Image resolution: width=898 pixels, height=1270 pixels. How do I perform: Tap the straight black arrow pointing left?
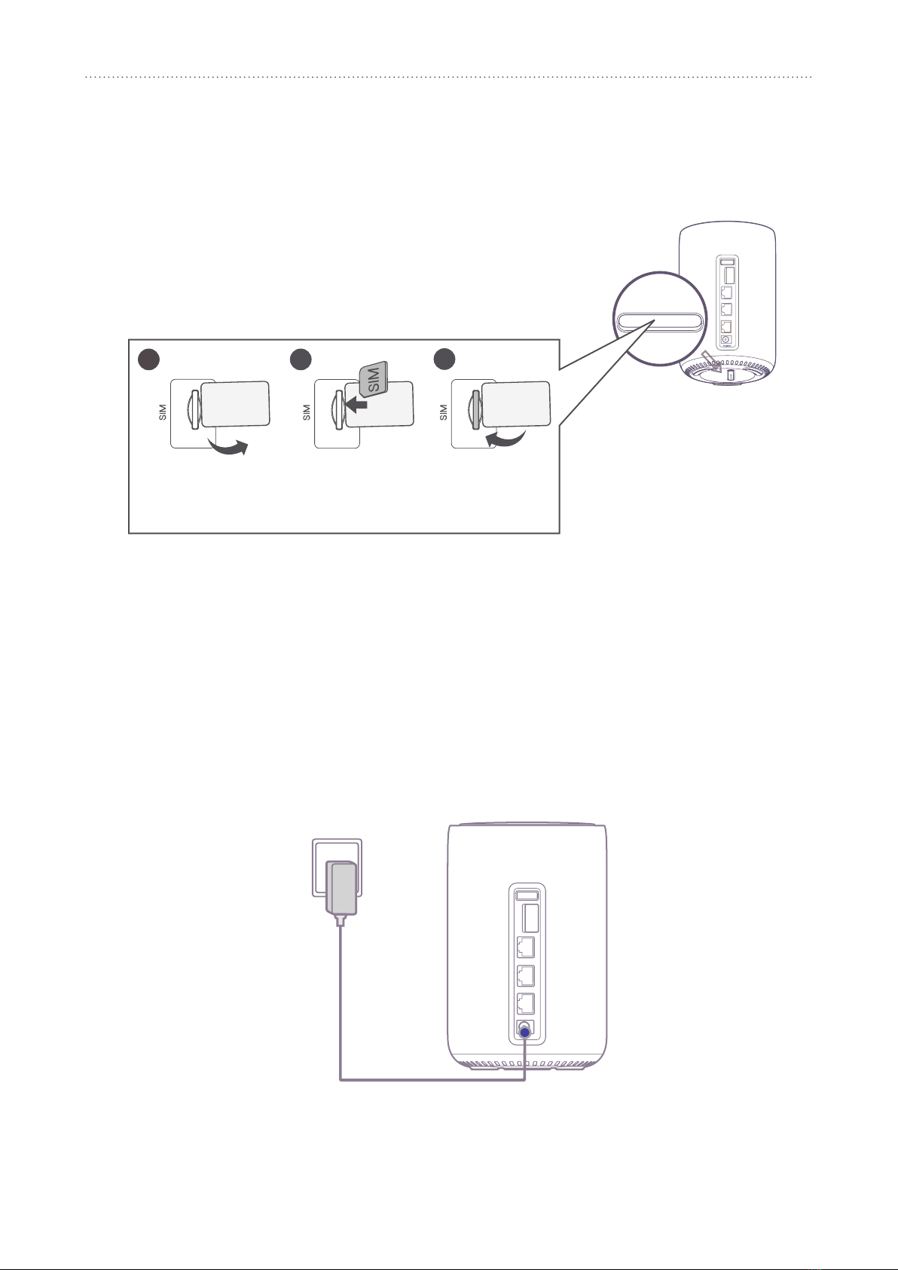[x=356, y=404]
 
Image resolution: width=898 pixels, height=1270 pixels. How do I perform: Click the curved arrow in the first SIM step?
[x=228, y=446]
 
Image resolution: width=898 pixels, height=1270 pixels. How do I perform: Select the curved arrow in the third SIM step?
[x=506, y=438]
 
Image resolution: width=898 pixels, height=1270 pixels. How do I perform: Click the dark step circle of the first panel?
[x=149, y=360]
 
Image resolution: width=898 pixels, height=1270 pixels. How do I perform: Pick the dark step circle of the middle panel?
[x=301, y=360]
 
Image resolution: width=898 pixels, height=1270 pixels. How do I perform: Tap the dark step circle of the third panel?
[x=444, y=360]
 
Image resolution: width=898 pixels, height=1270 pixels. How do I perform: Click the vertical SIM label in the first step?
[x=163, y=412]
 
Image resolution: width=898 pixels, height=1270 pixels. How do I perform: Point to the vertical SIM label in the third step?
[x=444, y=412]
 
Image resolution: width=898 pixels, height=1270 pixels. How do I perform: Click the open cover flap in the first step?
[x=235, y=404]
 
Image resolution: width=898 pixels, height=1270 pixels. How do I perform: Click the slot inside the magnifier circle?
[x=660, y=322]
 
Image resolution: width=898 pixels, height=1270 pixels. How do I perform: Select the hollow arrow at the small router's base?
[x=710, y=360]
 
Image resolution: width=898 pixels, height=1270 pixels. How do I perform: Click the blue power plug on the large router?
[x=524, y=1033]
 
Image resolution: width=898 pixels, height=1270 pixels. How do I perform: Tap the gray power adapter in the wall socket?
[x=341, y=888]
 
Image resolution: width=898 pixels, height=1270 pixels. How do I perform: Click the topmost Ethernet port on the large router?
[x=526, y=947]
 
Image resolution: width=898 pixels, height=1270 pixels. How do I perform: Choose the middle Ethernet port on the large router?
[x=526, y=975]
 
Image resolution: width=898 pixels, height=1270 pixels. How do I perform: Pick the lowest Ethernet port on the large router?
[x=526, y=1003]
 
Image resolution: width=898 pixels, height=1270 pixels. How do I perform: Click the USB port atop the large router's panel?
[x=527, y=895]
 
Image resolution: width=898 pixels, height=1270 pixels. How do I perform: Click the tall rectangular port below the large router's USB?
[x=530, y=919]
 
